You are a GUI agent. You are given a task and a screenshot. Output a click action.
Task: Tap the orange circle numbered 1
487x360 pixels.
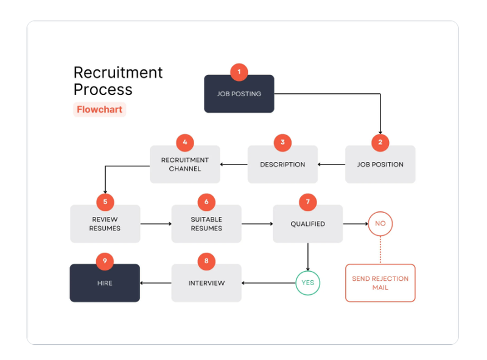(x=239, y=72)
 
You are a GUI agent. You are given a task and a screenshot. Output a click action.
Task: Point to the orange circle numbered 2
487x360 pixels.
(x=380, y=143)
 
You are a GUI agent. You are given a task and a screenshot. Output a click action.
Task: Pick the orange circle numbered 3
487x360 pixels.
(x=282, y=143)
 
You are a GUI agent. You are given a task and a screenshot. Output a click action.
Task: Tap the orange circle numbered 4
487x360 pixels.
(x=185, y=143)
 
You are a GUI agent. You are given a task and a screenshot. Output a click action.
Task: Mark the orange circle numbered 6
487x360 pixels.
(x=206, y=202)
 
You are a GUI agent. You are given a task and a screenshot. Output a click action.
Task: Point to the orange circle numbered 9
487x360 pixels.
(x=105, y=261)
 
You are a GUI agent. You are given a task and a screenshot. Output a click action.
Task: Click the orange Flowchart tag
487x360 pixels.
(x=100, y=110)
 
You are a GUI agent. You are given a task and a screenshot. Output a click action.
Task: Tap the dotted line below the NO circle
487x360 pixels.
(x=380, y=250)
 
